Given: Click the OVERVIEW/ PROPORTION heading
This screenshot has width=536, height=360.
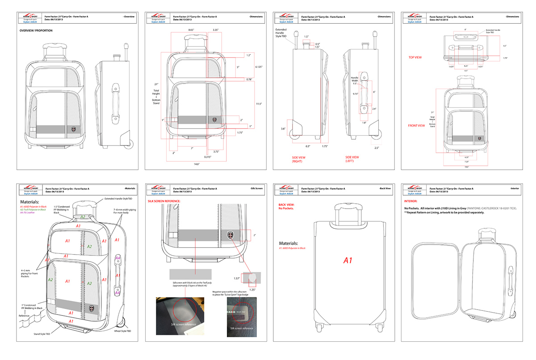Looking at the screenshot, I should (x=36, y=30).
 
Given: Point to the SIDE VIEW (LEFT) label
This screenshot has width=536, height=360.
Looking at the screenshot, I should (x=352, y=159).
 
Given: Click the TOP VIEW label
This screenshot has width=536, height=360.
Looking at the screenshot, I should (x=415, y=57).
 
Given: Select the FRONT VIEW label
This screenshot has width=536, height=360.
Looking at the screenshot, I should (x=416, y=126).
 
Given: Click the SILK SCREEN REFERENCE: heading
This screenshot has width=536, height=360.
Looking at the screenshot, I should (x=164, y=201).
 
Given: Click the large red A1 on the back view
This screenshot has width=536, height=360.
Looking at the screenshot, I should (x=348, y=260).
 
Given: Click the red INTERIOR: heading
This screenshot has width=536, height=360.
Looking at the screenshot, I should (x=412, y=201).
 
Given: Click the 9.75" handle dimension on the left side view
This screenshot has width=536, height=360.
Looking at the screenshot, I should (x=355, y=94).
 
